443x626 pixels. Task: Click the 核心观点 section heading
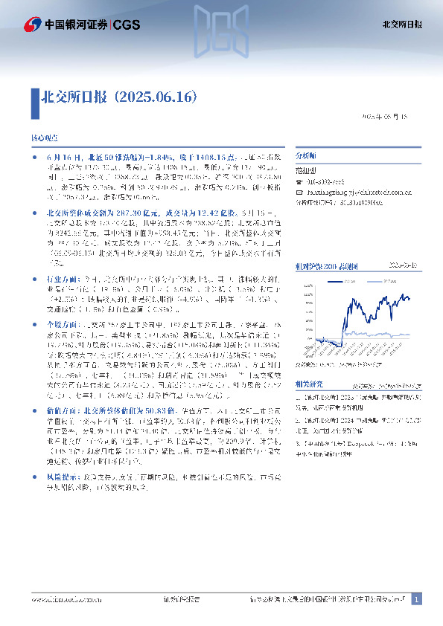pyautogui.click(x=44, y=139)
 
